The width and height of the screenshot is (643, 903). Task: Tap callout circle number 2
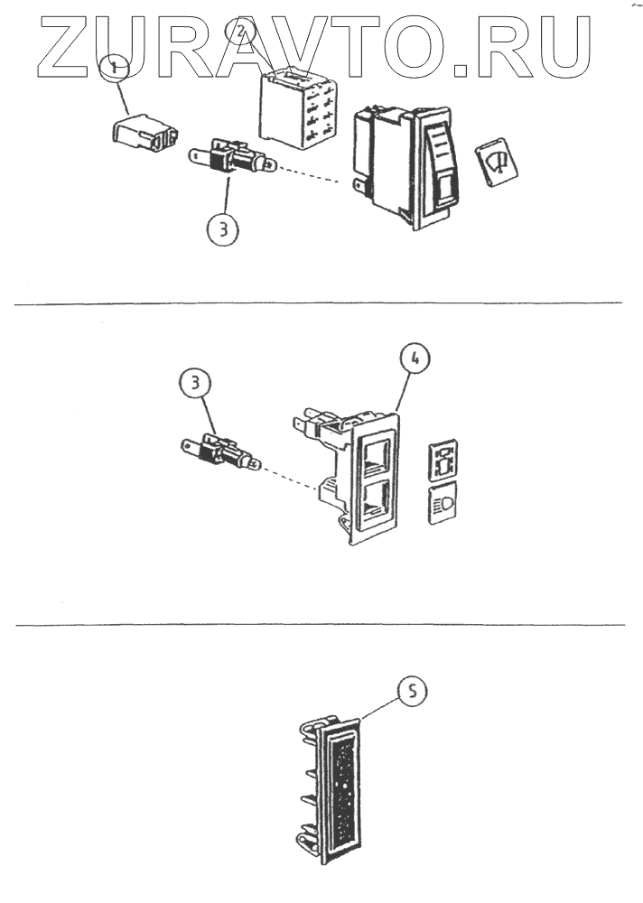point(242,33)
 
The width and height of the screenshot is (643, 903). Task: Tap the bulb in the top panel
point(230,163)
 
